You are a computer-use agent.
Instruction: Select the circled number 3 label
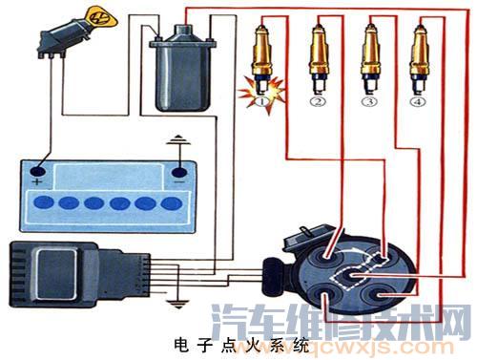[x=368, y=98]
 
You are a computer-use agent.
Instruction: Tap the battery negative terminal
[x=178, y=173]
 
